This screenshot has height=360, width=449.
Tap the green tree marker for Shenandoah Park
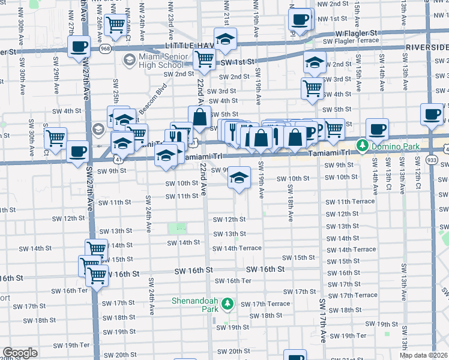[x=227, y=304]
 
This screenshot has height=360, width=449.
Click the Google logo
[x=20, y=353]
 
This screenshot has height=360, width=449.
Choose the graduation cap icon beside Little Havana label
[x=226, y=40]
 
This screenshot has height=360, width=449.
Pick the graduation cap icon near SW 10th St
[x=239, y=178]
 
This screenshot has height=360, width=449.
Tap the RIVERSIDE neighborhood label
[x=427, y=46]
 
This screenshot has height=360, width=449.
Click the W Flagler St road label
[x=356, y=32]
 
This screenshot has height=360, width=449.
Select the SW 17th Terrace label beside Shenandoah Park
[x=265, y=304]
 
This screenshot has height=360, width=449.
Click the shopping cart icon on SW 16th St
[x=97, y=275]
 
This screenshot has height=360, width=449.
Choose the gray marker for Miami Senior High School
[x=129, y=59]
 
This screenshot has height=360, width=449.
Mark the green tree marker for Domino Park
[x=362, y=145]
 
